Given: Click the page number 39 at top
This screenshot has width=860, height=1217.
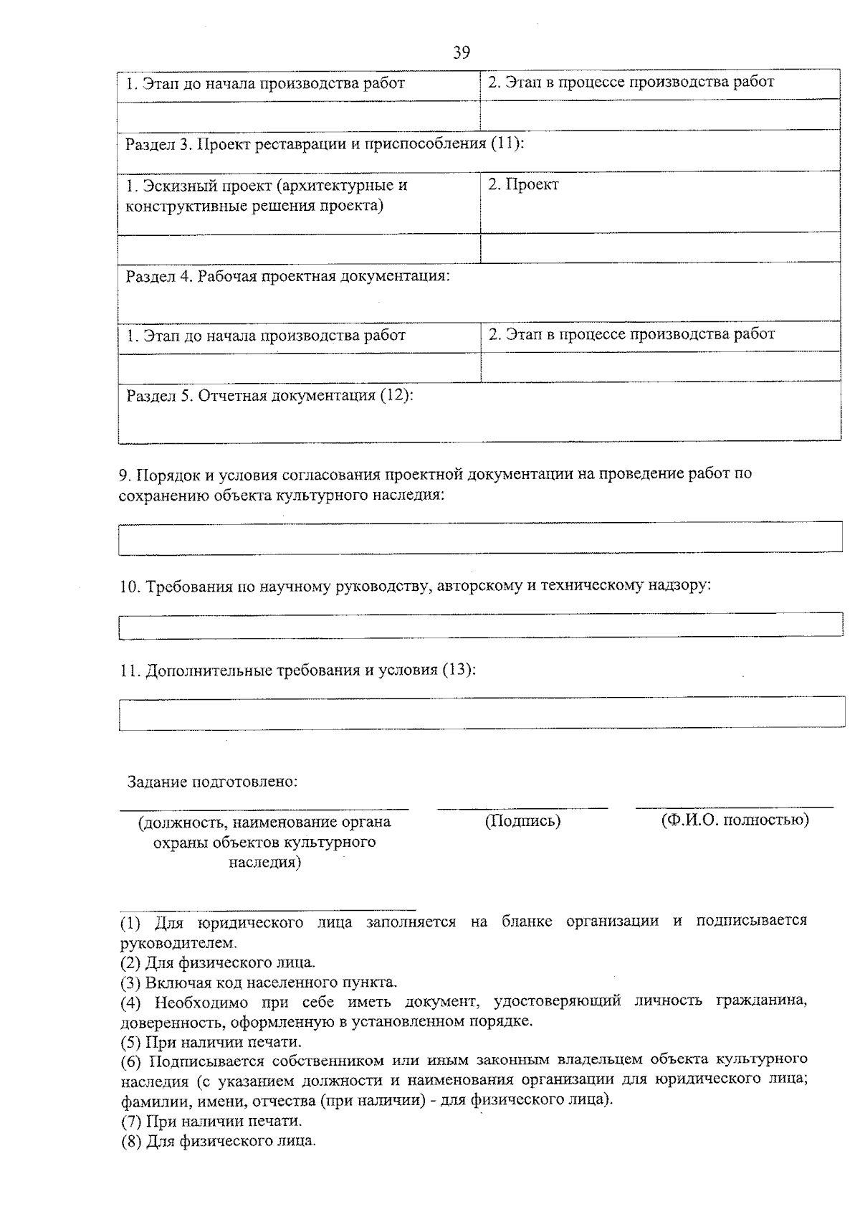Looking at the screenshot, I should tap(461, 52).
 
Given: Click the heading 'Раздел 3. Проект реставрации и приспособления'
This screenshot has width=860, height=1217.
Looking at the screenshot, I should tap(325, 144).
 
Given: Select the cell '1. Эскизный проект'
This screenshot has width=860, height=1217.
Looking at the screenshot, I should tap(267, 196).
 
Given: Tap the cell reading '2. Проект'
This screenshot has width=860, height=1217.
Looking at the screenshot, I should tap(523, 185).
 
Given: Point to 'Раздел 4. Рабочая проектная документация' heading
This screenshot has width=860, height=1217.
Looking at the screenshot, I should tap(288, 276).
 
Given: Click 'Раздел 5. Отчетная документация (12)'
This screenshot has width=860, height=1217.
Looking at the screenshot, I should tap(269, 396).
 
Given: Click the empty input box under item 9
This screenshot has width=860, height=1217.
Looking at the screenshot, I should tap(480, 538).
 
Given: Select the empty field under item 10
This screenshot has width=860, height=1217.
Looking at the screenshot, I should tap(480, 625).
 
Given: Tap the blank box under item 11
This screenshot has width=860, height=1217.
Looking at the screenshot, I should tap(480, 713).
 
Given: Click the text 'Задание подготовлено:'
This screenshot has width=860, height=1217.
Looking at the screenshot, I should tap(212, 781).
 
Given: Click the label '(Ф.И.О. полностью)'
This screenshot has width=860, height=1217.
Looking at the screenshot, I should tap(735, 820).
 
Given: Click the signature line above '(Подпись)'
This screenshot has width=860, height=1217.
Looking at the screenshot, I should tap(522, 808).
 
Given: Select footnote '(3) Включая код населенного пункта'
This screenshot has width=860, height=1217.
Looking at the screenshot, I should tap(259, 982).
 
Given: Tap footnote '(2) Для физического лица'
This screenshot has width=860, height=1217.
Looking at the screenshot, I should tap(218, 962).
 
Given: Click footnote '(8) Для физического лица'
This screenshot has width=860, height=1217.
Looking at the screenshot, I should tap(218, 1140).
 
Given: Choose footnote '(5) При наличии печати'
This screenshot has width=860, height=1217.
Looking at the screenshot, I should tap(211, 1042).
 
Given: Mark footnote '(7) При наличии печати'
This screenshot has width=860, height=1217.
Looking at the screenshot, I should tap(211, 1120).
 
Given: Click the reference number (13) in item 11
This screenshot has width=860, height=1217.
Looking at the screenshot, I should tap(457, 671).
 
